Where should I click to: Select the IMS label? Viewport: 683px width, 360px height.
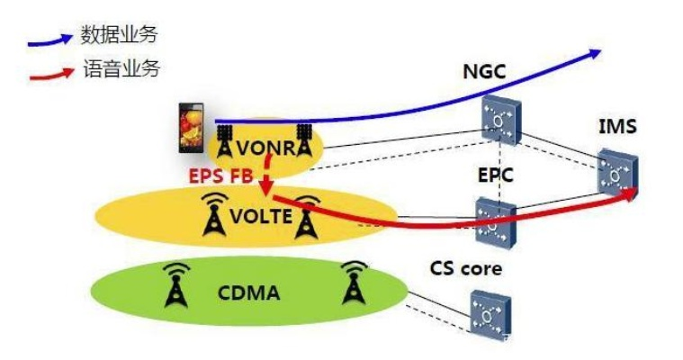[617, 127]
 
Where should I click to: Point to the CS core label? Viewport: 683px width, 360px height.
[465, 268]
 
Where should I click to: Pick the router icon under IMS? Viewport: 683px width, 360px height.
[620, 174]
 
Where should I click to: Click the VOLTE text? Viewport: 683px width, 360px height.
[261, 217]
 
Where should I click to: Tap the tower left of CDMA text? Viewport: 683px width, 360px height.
[176, 283]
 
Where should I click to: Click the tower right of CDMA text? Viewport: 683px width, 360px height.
[355, 283]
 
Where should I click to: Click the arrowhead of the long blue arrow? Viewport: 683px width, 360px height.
[593, 53]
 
